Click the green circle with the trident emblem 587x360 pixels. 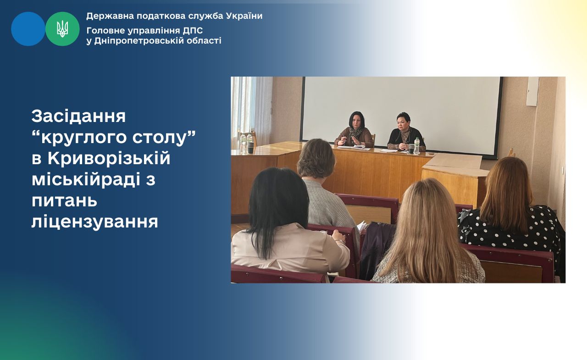pyautogui.click(x=62, y=29)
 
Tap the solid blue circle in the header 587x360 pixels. pyautogui.click(x=28, y=29)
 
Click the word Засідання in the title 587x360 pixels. pyautogui.click(x=78, y=116)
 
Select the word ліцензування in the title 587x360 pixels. pyautogui.click(x=95, y=222)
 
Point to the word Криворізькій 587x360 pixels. pyautogui.click(x=109, y=159)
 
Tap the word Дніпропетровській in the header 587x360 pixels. pyautogui.click(x=139, y=41)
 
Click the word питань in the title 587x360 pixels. pyautogui.click(x=65, y=201)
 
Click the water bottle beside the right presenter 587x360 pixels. pyautogui.click(x=416, y=146)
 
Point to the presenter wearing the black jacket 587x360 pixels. pyautogui.click(x=406, y=133)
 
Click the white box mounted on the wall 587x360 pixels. pyautogui.click(x=532, y=91)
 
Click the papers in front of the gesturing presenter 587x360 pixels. pyautogui.click(x=354, y=148)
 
